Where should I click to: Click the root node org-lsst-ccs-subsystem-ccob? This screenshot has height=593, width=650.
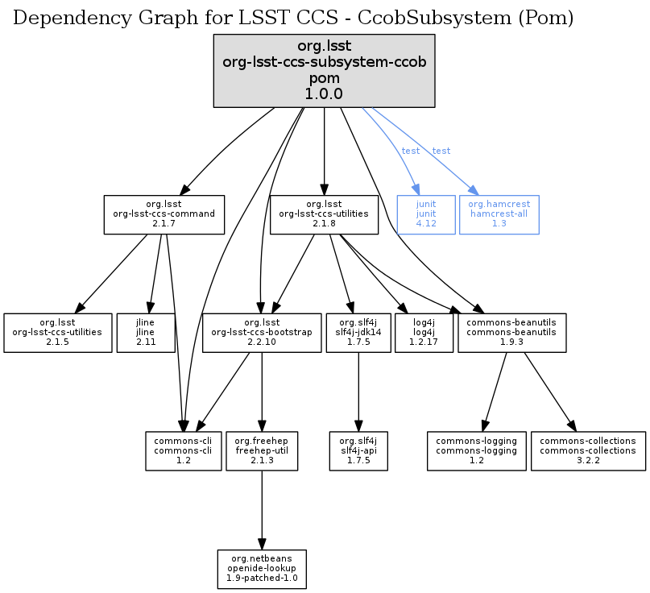[x=324, y=71]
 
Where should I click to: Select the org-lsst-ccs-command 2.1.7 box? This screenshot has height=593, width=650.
[x=164, y=214]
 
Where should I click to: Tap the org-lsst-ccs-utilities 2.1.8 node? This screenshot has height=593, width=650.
[x=324, y=214]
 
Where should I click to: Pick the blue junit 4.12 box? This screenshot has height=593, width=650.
[x=425, y=214]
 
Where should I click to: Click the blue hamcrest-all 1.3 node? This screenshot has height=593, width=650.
[x=499, y=214]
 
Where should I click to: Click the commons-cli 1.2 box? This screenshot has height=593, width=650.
[x=184, y=450]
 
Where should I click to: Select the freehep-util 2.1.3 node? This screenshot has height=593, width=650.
[x=261, y=450]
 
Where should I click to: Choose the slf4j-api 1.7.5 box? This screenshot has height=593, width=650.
[x=358, y=450]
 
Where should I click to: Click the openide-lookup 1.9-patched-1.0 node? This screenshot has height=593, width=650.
[x=261, y=568]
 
